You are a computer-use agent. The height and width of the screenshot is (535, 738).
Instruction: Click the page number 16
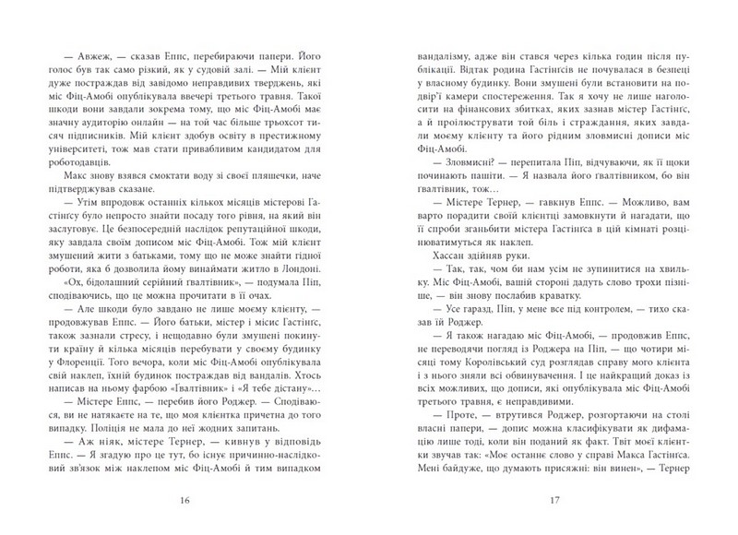187,502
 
